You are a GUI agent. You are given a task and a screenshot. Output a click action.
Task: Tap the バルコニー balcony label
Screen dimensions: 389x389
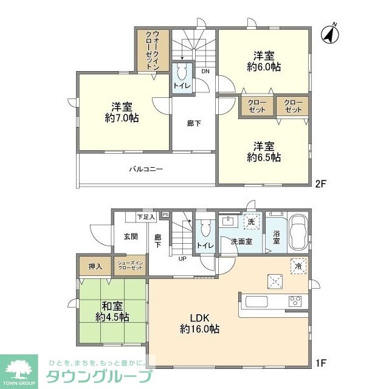click(x=145, y=170)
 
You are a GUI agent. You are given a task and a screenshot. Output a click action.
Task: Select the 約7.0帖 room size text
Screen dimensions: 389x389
click(x=122, y=118)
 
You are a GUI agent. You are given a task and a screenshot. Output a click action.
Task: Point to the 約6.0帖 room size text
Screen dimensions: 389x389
click(x=264, y=67)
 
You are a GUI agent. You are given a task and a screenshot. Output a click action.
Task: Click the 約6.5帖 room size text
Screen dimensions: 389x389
click(x=264, y=157)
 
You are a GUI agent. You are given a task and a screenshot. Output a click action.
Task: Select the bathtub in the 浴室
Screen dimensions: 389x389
click(x=297, y=232)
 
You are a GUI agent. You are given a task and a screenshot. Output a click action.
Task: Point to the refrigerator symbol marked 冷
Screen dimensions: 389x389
click(x=297, y=266)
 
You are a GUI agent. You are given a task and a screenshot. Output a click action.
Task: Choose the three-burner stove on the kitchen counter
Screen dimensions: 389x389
click(x=295, y=301)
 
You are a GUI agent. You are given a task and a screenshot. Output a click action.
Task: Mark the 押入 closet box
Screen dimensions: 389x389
click(x=95, y=266)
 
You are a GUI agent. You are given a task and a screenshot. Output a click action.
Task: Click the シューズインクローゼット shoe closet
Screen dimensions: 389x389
click(x=129, y=266)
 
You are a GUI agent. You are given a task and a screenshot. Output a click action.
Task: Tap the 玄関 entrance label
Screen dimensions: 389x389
click(x=130, y=236)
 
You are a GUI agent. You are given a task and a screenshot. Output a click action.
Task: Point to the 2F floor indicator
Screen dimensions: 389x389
click(x=321, y=182)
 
